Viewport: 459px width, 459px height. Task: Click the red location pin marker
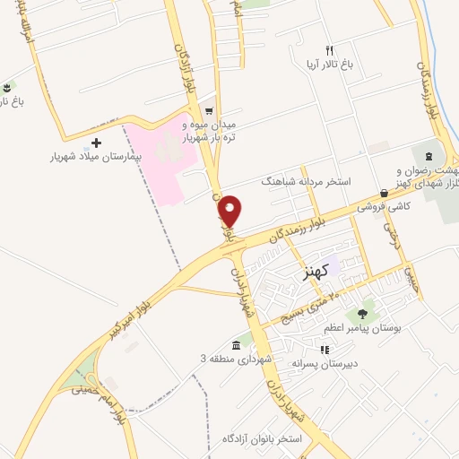230,210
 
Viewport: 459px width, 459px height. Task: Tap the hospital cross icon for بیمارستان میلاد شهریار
97,143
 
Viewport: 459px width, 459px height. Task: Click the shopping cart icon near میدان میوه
208,112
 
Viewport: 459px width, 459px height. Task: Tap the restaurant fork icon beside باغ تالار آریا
329,50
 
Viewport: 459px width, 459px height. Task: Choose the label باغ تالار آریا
329,65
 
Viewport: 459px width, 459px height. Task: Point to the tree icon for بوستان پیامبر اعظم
362,314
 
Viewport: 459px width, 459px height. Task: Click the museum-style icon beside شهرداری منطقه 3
236,345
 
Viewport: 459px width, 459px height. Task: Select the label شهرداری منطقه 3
203,359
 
